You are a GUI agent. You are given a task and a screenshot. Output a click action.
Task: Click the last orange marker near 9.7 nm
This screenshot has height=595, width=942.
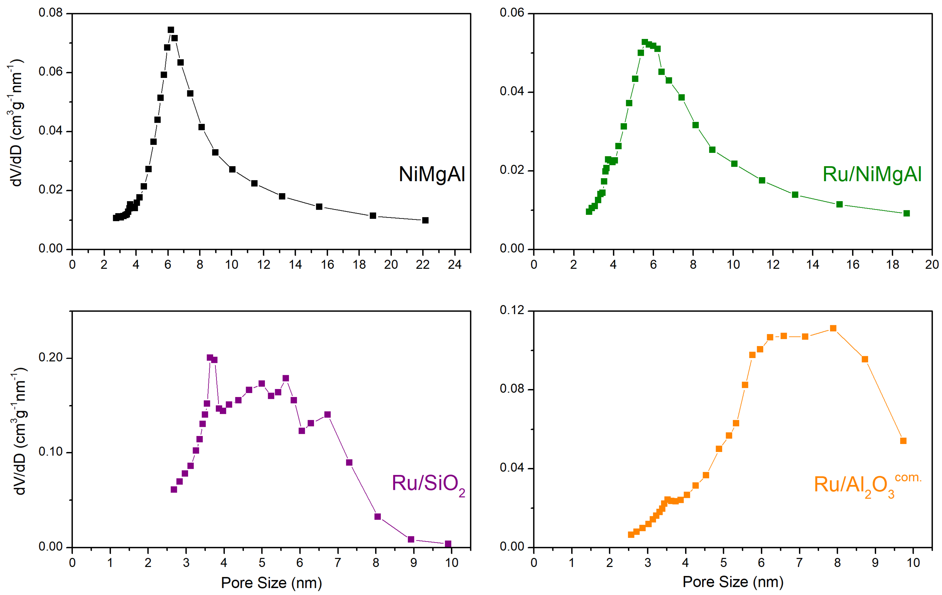(x=903, y=441)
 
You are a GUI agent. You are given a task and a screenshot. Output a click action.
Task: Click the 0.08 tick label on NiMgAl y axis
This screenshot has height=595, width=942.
(x=50, y=13)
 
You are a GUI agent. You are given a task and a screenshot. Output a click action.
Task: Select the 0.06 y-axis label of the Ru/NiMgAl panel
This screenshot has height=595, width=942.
(x=512, y=13)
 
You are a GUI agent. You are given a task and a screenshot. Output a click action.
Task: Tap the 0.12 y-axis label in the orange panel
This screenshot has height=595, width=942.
(x=512, y=310)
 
